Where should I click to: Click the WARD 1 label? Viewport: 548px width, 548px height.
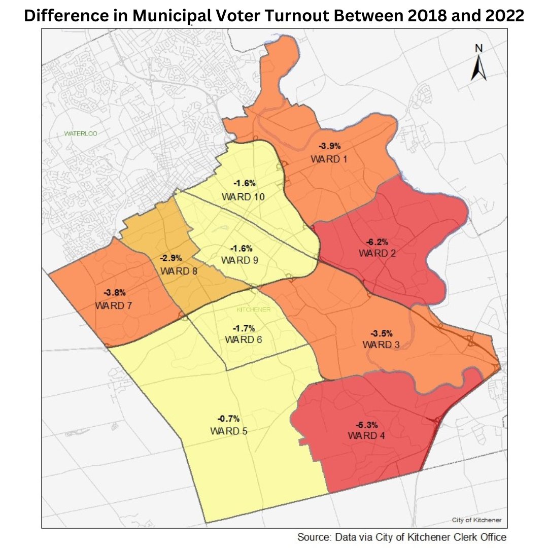tap(329, 159)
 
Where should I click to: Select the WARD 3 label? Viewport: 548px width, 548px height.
tap(381, 345)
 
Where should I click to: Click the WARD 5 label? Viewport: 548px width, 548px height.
tap(228, 431)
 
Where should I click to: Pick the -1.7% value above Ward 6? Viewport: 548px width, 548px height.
tap(244, 328)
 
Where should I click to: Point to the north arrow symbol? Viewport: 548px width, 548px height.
tap(478, 68)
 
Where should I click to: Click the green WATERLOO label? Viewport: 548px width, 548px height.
tap(80, 134)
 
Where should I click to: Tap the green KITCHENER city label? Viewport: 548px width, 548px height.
tap(254, 309)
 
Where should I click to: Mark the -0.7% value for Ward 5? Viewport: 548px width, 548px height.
tap(228, 419)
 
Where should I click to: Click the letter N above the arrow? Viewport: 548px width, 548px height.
tap(478, 48)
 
